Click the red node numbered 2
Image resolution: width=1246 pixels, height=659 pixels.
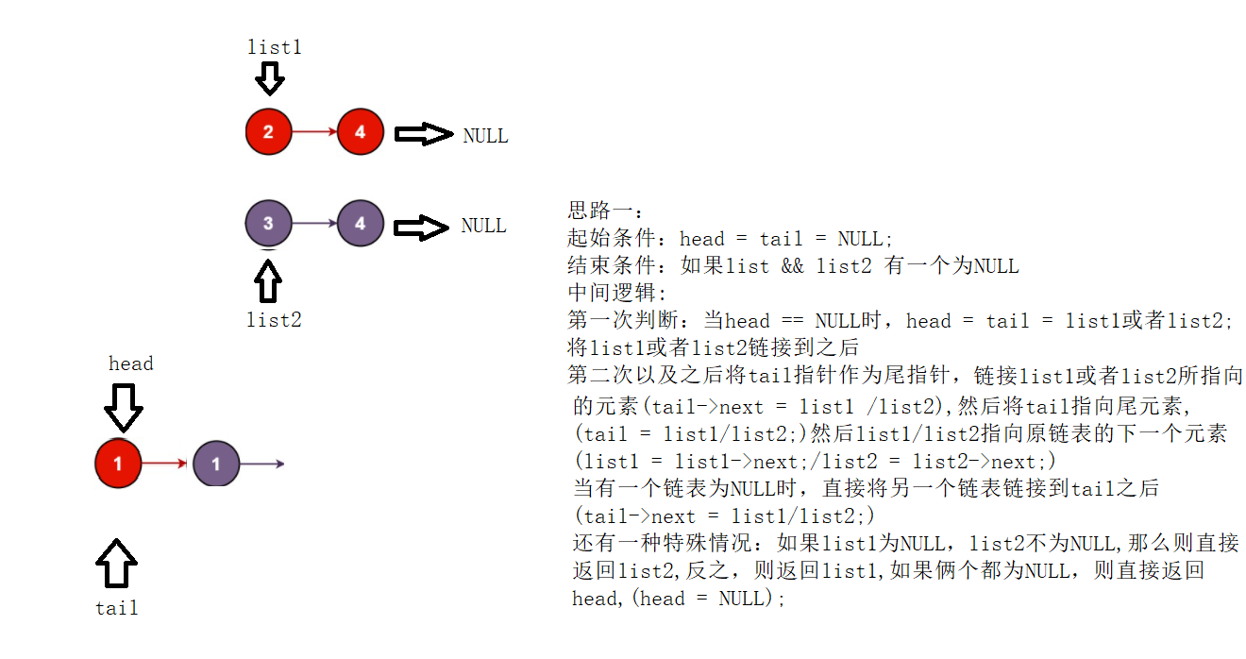(x=268, y=132)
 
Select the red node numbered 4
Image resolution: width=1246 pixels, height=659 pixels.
(x=360, y=132)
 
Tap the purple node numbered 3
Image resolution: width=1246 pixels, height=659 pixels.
(x=268, y=224)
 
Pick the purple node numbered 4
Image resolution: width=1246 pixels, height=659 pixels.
(x=360, y=224)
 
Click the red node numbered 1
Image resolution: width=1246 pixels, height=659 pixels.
(x=118, y=464)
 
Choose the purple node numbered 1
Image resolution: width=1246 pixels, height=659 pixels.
(x=216, y=464)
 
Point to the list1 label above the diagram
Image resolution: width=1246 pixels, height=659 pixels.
(x=274, y=46)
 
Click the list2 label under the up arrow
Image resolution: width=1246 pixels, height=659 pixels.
(x=274, y=320)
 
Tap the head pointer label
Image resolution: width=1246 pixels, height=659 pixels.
(x=130, y=363)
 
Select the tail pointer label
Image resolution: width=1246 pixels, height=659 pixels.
(x=117, y=608)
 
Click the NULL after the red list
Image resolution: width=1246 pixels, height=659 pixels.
(x=485, y=136)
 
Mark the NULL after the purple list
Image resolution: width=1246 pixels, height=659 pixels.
(x=483, y=226)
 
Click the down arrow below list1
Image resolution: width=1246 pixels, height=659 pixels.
(x=270, y=78)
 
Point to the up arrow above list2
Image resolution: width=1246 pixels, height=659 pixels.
(x=269, y=280)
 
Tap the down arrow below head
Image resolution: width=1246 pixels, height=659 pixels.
(x=123, y=408)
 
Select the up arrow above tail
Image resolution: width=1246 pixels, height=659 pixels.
(x=116, y=564)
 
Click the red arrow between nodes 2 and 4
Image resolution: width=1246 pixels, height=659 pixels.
(x=313, y=132)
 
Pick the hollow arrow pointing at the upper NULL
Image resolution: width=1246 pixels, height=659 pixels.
(x=423, y=134)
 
